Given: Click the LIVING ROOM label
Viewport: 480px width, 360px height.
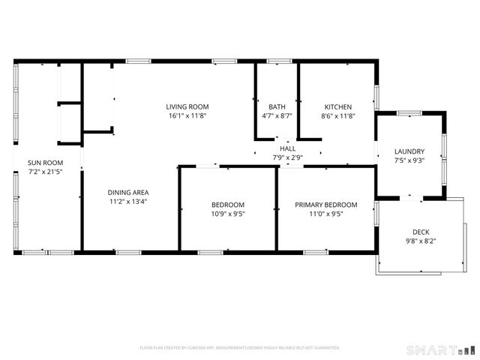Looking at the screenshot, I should click(x=187, y=106).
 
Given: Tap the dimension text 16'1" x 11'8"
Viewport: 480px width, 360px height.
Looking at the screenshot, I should click(x=187, y=116).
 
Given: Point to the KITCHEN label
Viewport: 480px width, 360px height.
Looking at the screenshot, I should click(x=337, y=106).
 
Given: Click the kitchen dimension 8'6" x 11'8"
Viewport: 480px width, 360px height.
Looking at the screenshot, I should click(x=337, y=116).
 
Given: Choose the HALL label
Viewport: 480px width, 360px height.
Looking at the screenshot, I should click(x=287, y=149).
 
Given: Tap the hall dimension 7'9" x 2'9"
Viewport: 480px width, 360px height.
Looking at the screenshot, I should click(x=287, y=157).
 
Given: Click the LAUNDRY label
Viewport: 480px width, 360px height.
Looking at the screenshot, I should click(x=409, y=151).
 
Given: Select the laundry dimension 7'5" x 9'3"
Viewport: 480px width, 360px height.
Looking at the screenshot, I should click(x=409, y=161).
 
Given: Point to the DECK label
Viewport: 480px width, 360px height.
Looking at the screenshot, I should click(x=421, y=232).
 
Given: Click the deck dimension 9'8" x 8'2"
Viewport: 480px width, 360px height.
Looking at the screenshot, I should click(x=421, y=241).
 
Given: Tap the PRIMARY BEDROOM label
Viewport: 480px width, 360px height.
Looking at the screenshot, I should click(x=325, y=205).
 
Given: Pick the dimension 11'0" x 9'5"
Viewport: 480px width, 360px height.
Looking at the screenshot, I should click(x=325, y=214).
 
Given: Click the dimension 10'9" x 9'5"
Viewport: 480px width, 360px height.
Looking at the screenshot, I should click(x=228, y=214).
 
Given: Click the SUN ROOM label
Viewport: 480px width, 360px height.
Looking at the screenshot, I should click(x=45, y=163).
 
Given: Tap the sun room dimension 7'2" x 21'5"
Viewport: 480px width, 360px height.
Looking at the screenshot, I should click(x=45, y=172).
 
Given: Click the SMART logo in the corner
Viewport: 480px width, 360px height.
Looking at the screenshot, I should click(x=441, y=349).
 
